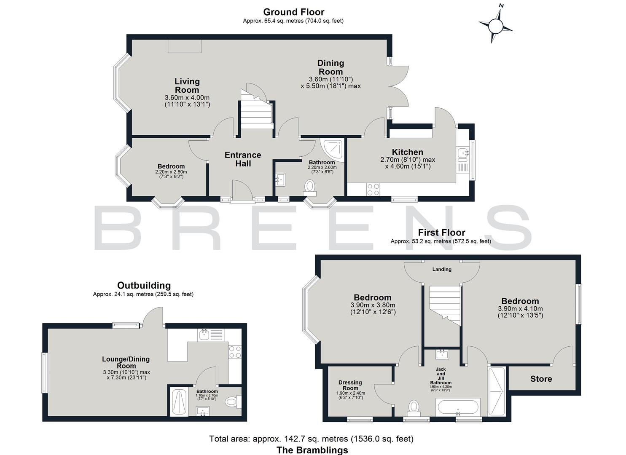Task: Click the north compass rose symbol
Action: [x=496, y=25]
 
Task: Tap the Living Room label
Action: [x=187, y=86]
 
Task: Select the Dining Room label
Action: [x=330, y=67]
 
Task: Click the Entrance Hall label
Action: [x=243, y=159]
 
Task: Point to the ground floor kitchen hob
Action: [x=373, y=189]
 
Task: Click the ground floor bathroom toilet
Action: [x=310, y=187]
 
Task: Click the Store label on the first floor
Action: [x=541, y=379]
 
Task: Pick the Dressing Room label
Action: [x=350, y=385]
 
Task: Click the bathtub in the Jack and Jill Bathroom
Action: [x=458, y=408]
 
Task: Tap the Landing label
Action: [x=442, y=269]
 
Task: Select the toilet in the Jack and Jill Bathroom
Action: [x=414, y=407]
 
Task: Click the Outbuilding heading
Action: [x=144, y=286]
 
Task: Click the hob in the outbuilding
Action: [x=234, y=352]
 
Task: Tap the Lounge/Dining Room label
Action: [x=126, y=362]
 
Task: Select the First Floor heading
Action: [x=441, y=233]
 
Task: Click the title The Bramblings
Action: [x=312, y=450]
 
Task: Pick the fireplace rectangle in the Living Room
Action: [x=185, y=46]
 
